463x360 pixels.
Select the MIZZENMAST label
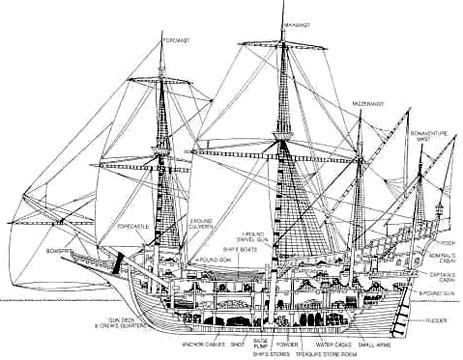(x=368, y=103)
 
